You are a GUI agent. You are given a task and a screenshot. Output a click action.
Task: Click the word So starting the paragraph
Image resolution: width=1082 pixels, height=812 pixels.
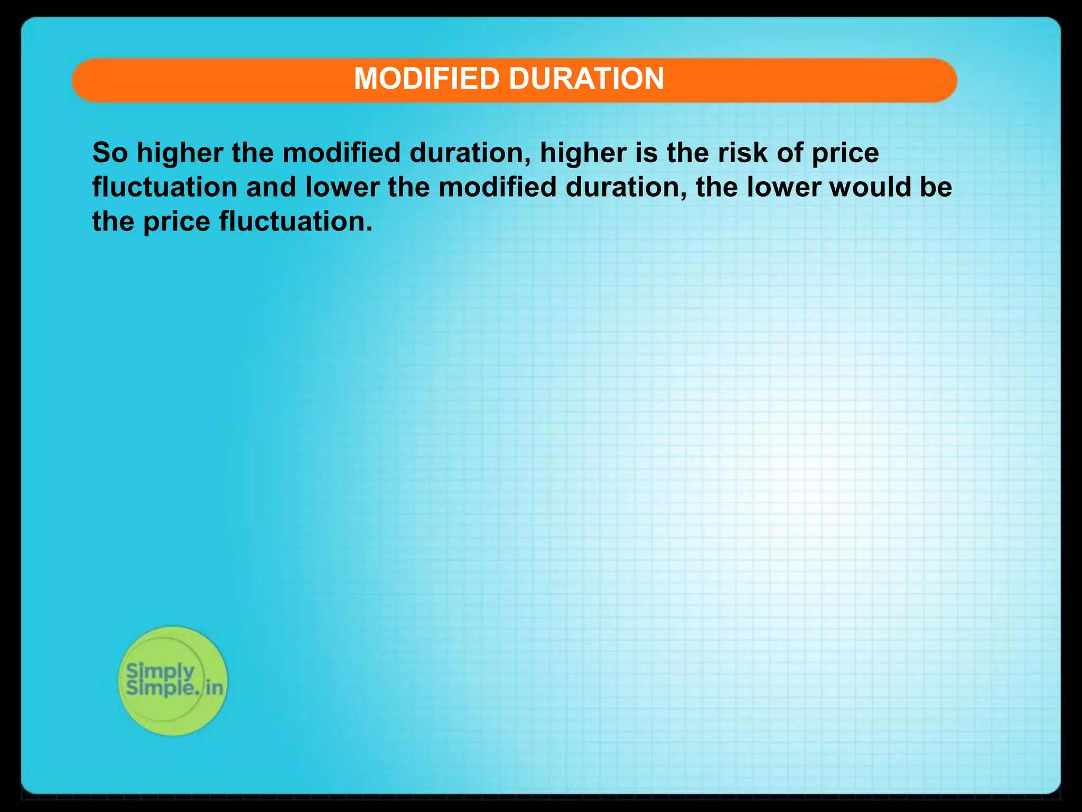(x=110, y=153)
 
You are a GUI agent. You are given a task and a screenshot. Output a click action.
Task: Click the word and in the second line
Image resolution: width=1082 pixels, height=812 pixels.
(x=271, y=187)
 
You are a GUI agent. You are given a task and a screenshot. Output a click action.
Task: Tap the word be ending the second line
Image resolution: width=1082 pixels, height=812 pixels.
(x=936, y=187)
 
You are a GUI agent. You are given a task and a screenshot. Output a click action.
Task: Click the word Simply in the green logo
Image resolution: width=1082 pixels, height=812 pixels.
(x=160, y=672)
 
